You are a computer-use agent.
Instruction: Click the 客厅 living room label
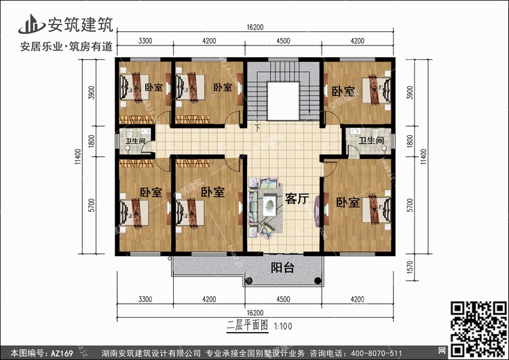coord(297,198)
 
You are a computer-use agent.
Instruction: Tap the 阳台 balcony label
coord(282,268)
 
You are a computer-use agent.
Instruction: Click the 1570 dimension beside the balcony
coord(410,267)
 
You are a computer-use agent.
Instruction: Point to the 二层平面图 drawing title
coord(248,325)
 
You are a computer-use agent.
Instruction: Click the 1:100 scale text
coord(283,326)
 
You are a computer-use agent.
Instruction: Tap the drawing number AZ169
coord(62,353)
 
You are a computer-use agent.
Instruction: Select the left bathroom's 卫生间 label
coord(135,141)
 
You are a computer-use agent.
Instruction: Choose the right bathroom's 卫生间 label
coord(371,141)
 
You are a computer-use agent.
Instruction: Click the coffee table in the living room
coord(269,205)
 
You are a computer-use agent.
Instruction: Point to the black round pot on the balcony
coord(318,281)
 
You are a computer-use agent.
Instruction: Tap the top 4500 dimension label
coord(283,41)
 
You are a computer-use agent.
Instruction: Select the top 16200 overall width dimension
coord(254,28)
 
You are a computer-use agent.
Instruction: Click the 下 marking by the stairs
coord(257,128)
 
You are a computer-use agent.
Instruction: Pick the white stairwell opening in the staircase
coord(283,101)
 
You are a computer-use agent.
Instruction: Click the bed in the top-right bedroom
coord(377,90)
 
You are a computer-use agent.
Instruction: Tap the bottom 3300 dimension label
coord(145,300)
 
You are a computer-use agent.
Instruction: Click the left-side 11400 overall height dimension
coord(78,157)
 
